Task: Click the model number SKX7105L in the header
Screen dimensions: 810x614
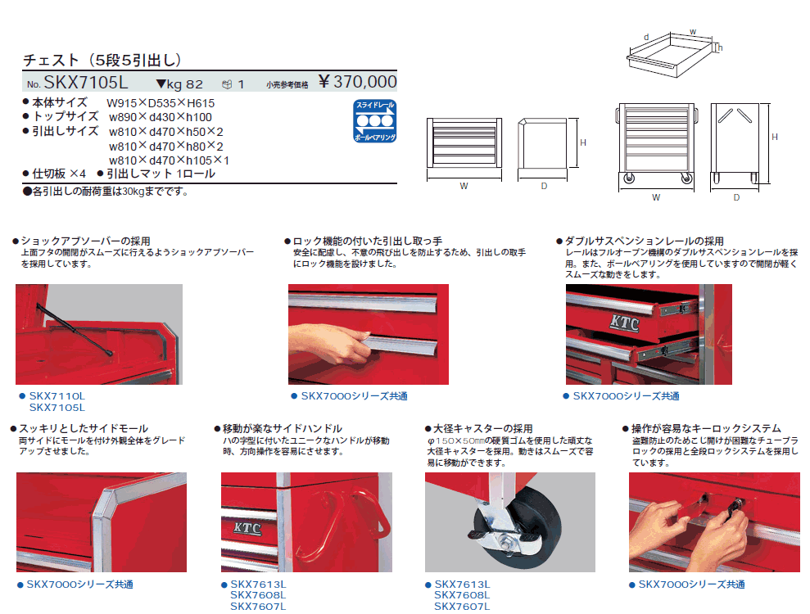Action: coord(86,83)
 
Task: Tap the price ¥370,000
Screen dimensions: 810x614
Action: coord(357,82)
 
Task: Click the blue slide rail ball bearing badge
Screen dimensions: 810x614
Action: coord(375,121)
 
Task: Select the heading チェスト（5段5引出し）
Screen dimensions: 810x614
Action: coord(102,60)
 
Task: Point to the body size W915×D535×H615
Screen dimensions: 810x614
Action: coord(161,103)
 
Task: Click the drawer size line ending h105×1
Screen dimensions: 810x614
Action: coord(169,160)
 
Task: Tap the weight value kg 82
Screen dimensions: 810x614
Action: coord(179,84)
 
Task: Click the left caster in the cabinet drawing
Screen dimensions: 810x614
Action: coord(629,178)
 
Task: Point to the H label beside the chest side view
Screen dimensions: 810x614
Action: coord(582,142)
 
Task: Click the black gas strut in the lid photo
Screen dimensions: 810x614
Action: coord(75,329)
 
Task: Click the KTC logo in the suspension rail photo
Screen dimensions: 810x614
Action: coord(625,323)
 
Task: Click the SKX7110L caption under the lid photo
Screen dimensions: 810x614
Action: coord(57,396)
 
